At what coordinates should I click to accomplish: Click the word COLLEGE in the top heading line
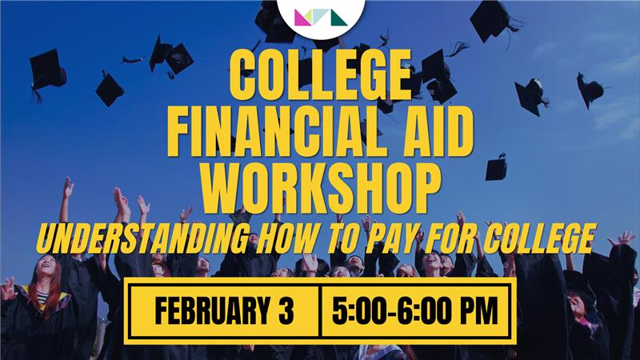(x=319, y=73)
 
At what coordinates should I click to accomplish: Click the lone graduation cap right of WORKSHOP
(x=496, y=168)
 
